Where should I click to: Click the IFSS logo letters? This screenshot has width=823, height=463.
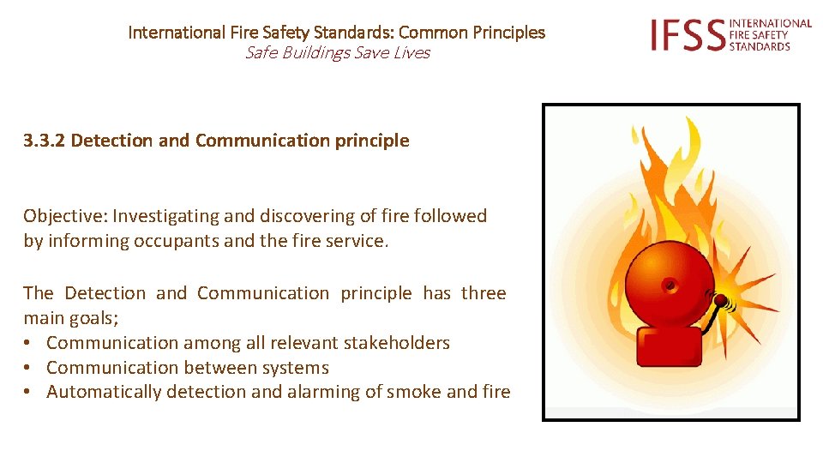(687, 35)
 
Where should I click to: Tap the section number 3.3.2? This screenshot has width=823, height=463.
(45, 141)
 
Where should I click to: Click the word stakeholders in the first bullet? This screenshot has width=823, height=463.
(396, 343)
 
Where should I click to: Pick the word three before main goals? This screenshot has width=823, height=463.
(484, 293)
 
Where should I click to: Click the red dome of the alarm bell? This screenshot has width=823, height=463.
(670, 283)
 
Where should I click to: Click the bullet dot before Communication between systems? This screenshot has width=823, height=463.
(29, 368)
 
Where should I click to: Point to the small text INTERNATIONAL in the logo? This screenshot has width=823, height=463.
(770, 23)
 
